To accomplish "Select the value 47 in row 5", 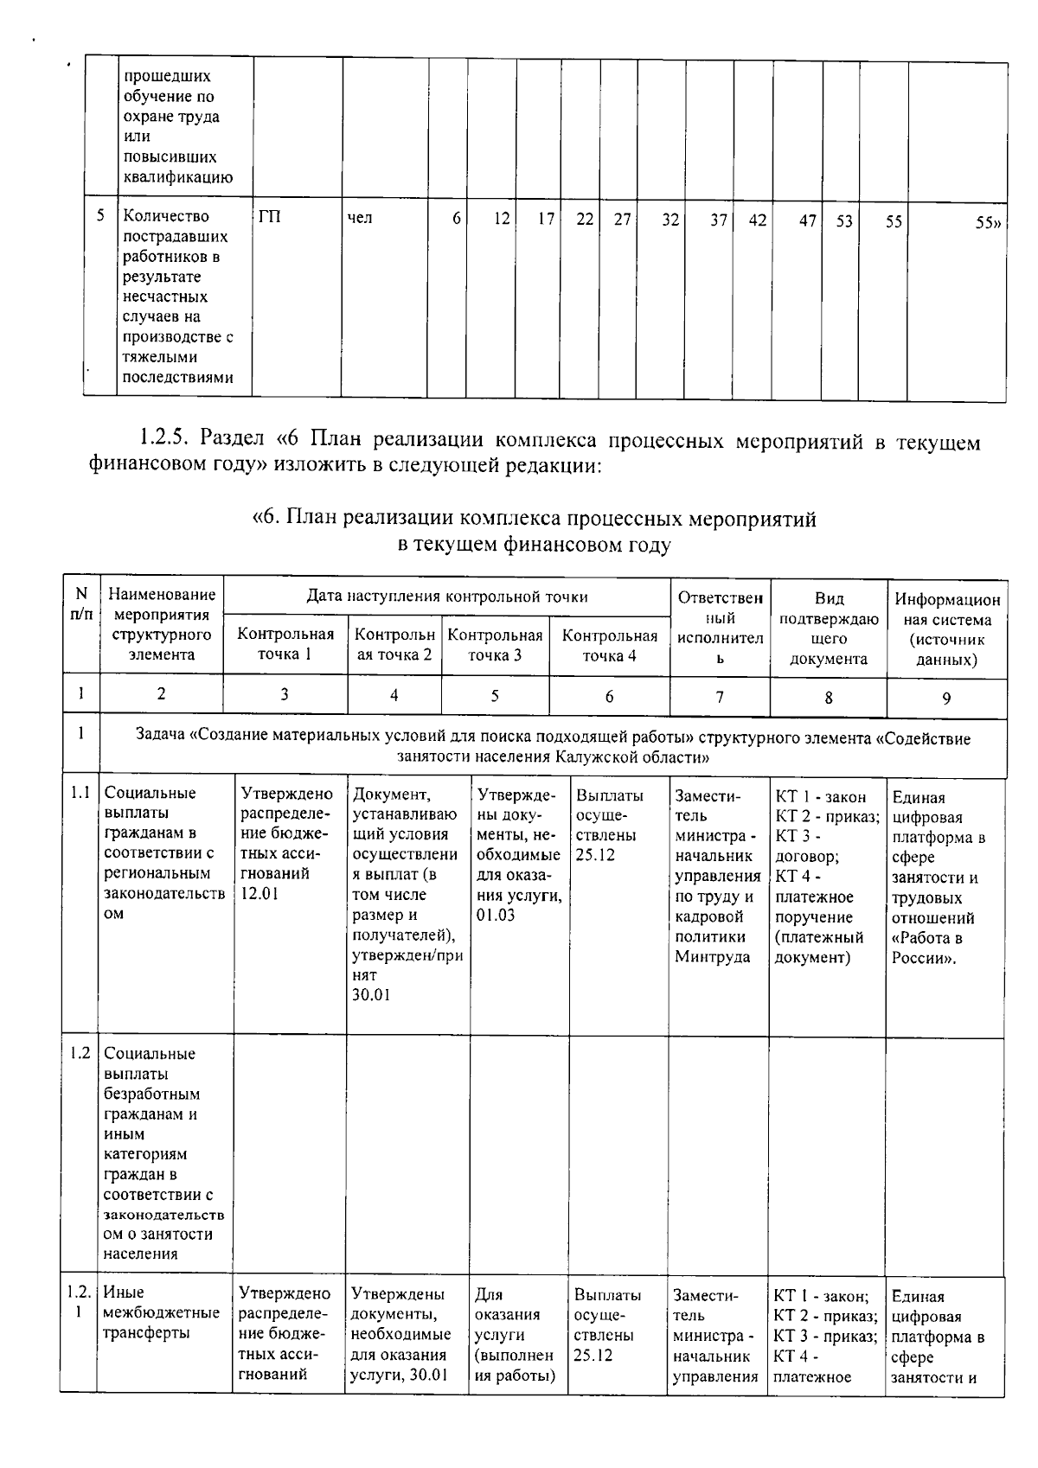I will pyautogui.click(x=807, y=220).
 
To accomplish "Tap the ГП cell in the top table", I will pyautogui.click(x=269, y=218).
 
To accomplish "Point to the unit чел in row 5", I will pyautogui.click(x=360, y=218).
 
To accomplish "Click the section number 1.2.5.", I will pyautogui.click(x=164, y=439).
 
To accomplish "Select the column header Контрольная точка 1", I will pyautogui.click(x=285, y=645).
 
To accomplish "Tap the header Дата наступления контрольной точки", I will pyautogui.click(x=447, y=597).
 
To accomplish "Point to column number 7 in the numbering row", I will pyautogui.click(x=720, y=697).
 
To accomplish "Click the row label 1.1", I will pyautogui.click(x=80, y=793).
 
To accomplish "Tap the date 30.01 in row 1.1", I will pyautogui.click(x=371, y=995).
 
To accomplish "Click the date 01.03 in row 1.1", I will pyautogui.click(x=495, y=915).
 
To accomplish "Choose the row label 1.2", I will pyautogui.click(x=80, y=1053).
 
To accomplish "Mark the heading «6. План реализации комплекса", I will pyautogui.click(x=534, y=520).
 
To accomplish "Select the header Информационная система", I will pyautogui.click(x=947, y=629).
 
